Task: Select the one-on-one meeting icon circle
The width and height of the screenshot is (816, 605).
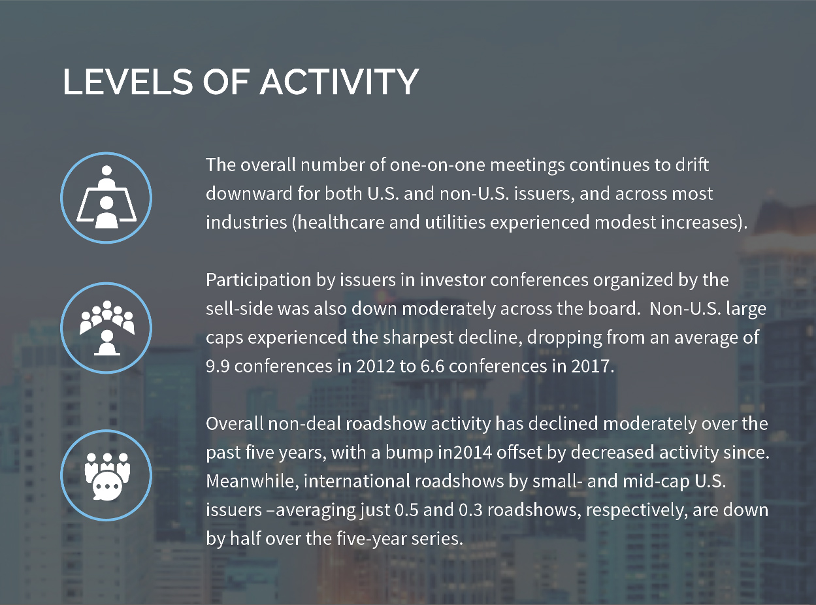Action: [106, 197]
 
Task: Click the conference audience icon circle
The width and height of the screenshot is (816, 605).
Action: [106, 328]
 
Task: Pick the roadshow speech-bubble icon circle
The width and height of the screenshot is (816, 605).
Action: [106, 475]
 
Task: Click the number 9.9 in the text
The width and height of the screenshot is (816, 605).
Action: [218, 366]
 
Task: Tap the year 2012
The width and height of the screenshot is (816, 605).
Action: [376, 366]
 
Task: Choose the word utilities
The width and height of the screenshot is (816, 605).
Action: [455, 223]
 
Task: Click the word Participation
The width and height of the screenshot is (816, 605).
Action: [259, 280]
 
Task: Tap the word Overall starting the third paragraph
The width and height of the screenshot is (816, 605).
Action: [235, 423]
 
